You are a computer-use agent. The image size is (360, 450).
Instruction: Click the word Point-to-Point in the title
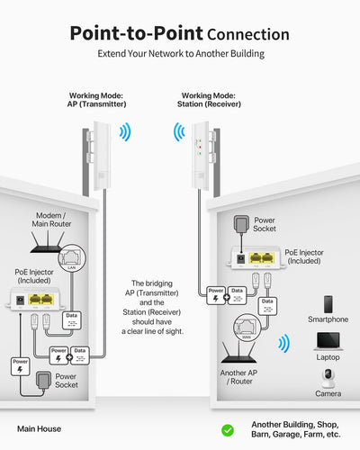point(136,33)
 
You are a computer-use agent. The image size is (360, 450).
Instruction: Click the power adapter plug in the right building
point(241,225)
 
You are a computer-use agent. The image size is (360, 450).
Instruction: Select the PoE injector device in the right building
point(255,258)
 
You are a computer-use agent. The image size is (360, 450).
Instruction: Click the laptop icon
point(327,341)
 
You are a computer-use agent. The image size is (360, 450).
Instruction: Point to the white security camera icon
point(327,379)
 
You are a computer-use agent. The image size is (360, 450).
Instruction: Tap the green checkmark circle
point(228,429)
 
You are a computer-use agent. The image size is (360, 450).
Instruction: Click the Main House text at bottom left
point(40,428)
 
